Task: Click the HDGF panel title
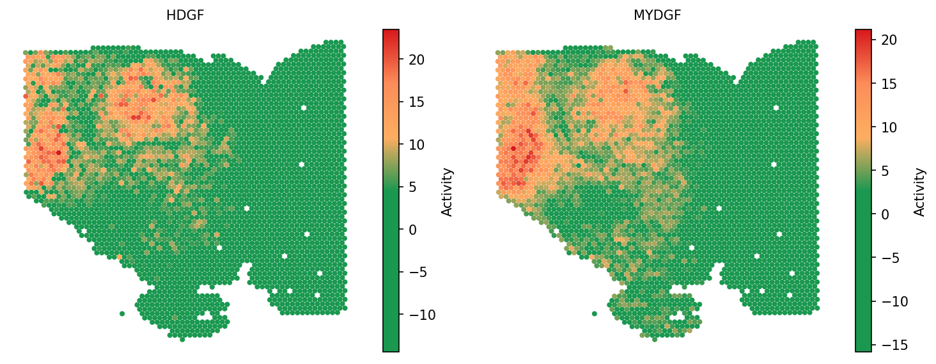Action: tap(185, 15)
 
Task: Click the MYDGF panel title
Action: tap(657, 15)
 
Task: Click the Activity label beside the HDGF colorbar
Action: tap(448, 192)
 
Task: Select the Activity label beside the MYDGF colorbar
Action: tap(920, 192)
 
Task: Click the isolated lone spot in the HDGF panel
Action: tap(122, 313)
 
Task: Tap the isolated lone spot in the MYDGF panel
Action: tap(595, 313)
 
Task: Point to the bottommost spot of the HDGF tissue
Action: tap(182, 339)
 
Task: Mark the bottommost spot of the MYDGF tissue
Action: tap(655, 339)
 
